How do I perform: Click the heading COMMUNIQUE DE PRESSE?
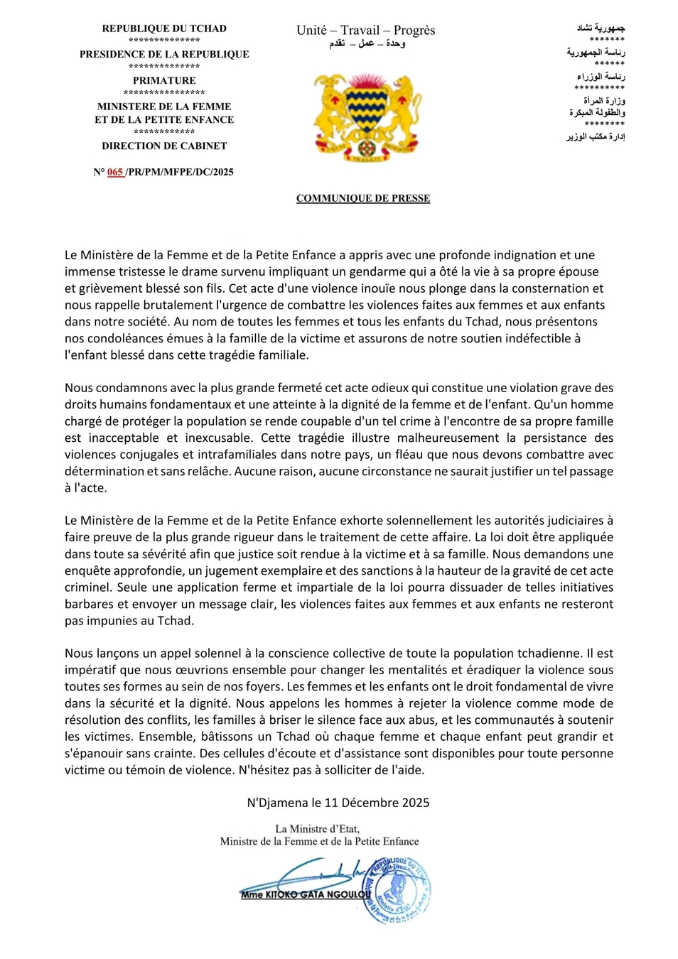(x=362, y=198)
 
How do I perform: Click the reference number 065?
(x=115, y=172)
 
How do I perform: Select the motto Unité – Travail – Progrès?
(x=365, y=30)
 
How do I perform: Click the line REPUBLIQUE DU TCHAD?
(x=164, y=28)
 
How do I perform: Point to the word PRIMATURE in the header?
(x=164, y=80)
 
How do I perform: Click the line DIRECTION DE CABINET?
(x=164, y=146)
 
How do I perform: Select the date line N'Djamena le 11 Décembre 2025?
(x=338, y=803)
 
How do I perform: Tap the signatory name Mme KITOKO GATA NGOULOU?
(x=306, y=894)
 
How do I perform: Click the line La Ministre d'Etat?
(x=318, y=828)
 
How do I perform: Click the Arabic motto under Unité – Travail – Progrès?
(x=367, y=44)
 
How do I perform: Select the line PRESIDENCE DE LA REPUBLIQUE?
(x=164, y=54)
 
